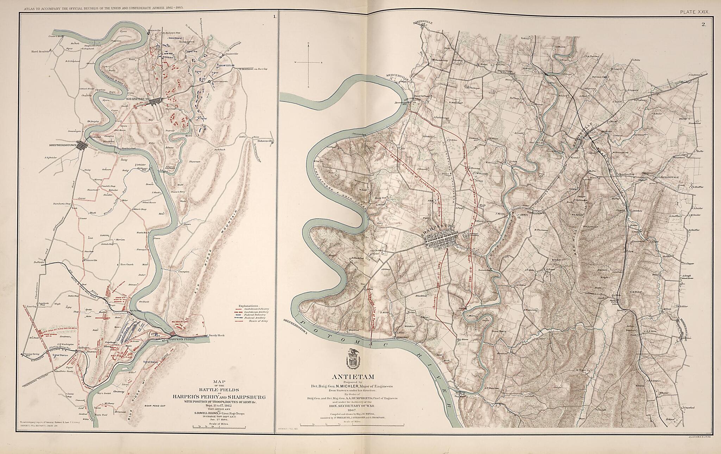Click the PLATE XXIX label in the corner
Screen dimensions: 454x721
[695, 12]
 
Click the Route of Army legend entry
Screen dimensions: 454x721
[248, 321]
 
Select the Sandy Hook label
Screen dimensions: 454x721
[217, 335]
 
